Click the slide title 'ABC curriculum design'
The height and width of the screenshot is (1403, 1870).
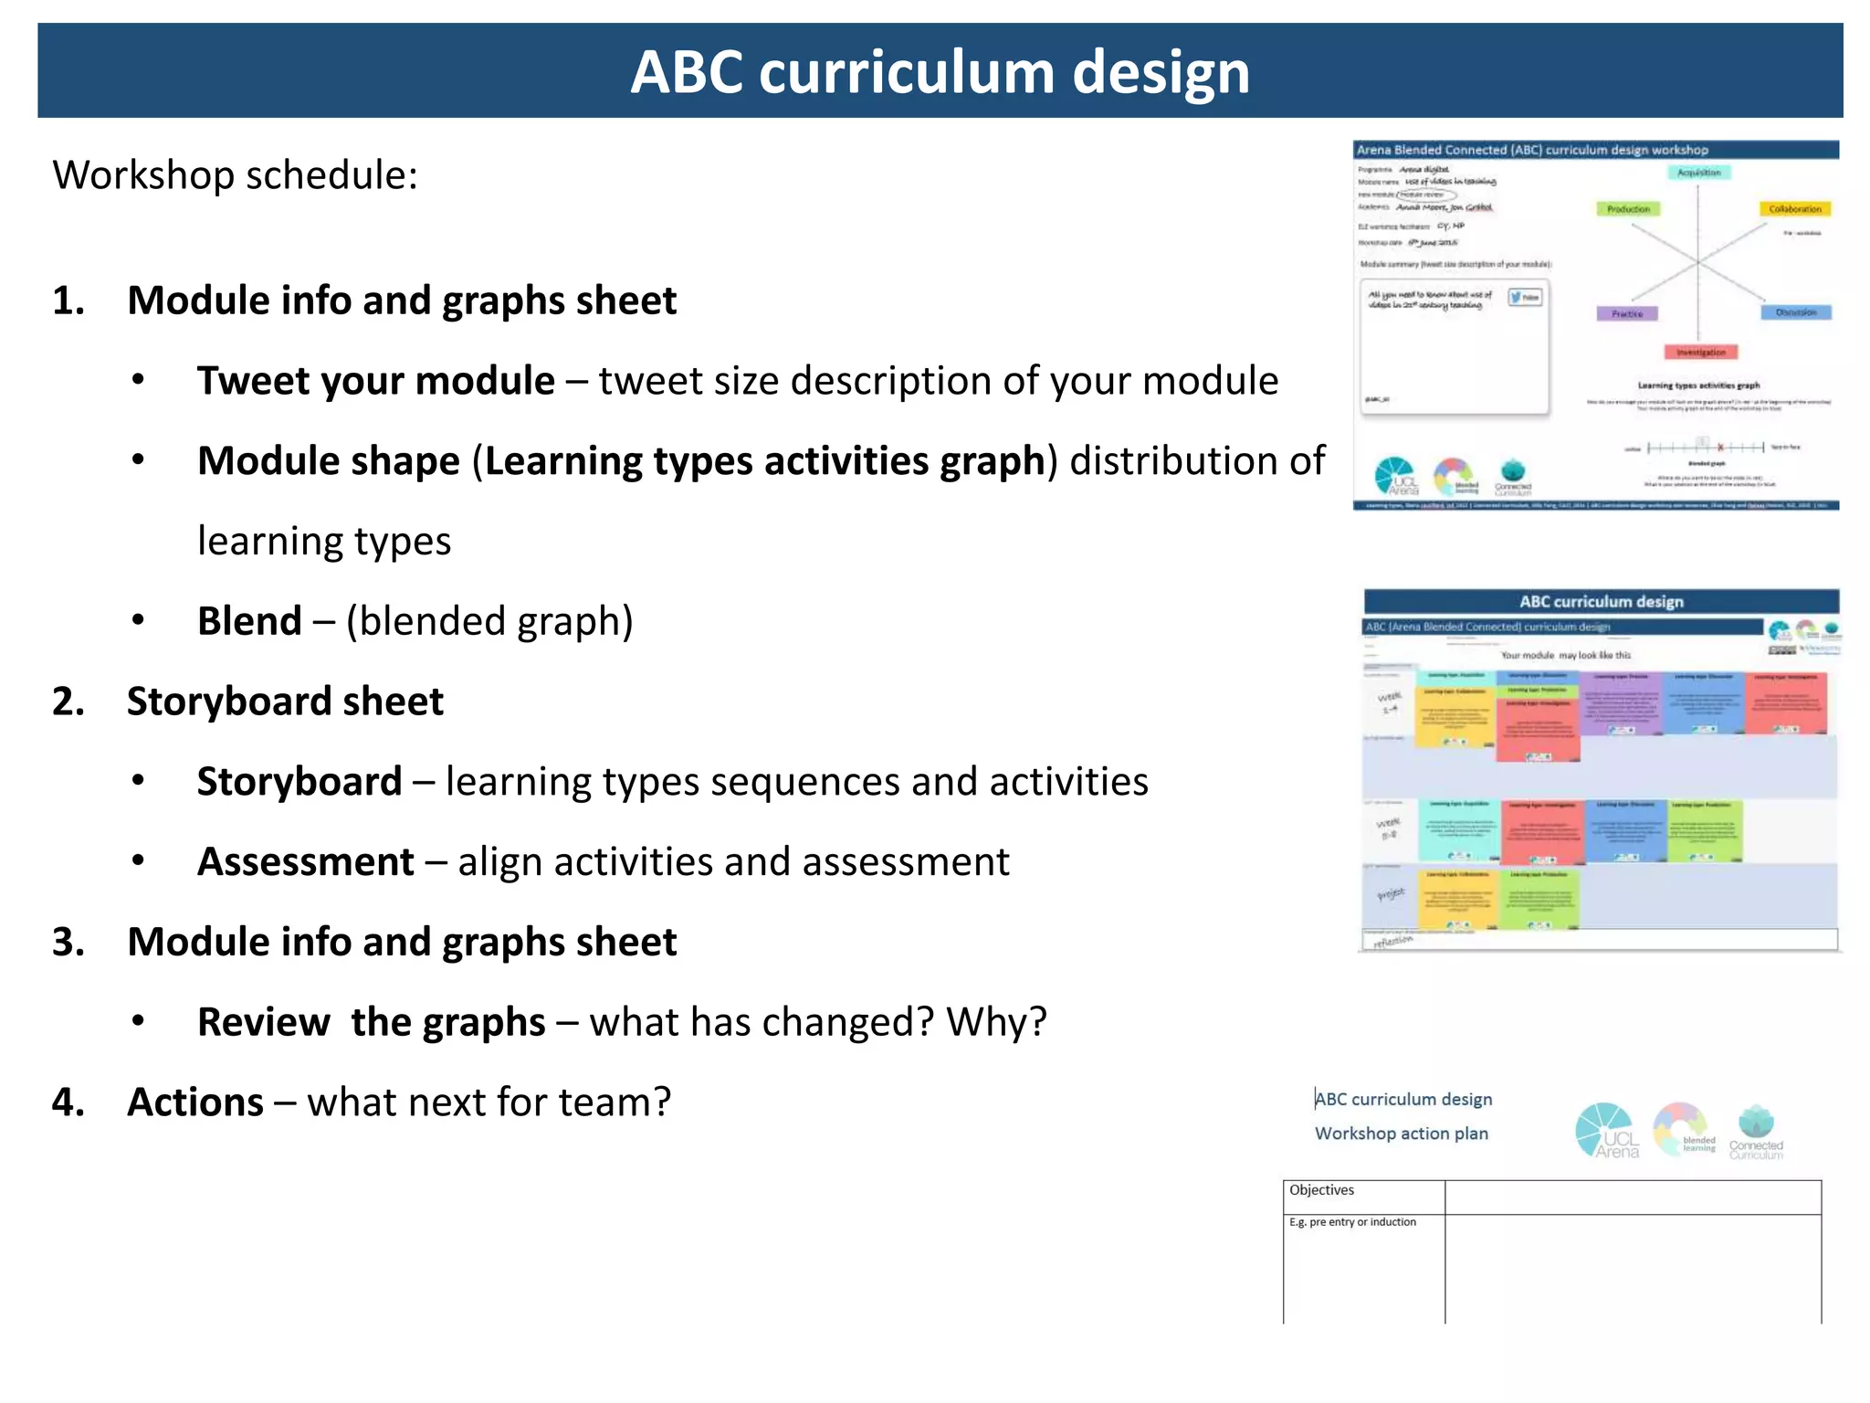pyautogui.click(x=940, y=72)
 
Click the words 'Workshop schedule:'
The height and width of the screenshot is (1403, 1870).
pyautogui.click(x=235, y=175)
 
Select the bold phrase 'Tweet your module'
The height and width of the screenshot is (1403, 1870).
pyautogui.click(x=375, y=381)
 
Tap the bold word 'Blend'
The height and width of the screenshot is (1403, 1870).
pyautogui.click(x=249, y=621)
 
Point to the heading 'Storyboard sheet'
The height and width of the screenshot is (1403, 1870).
pyautogui.click(x=285, y=701)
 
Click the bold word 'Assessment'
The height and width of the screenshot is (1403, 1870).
pyautogui.click(x=306, y=862)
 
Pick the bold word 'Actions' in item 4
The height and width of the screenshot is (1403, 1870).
pyautogui.click(x=195, y=1102)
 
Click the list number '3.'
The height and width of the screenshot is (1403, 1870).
pyautogui.click(x=68, y=942)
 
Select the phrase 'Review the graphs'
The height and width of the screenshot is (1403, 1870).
pyautogui.click(x=371, y=1022)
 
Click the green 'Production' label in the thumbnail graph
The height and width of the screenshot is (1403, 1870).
pyautogui.click(x=1628, y=209)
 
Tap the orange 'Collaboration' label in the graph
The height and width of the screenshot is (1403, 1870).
pyautogui.click(x=1794, y=209)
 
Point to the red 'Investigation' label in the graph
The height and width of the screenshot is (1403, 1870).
pyautogui.click(x=1701, y=353)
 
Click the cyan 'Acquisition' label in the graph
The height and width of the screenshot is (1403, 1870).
pyautogui.click(x=1698, y=173)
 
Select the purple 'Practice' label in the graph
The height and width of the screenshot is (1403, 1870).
pyautogui.click(x=1627, y=314)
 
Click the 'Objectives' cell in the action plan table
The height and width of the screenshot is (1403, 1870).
pyautogui.click(x=1321, y=1190)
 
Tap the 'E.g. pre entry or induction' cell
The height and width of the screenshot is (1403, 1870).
pyautogui.click(x=1352, y=1222)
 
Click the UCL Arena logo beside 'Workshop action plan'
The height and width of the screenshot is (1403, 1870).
pyautogui.click(x=1606, y=1131)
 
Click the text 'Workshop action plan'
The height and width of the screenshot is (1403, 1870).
pyautogui.click(x=1401, y=1134)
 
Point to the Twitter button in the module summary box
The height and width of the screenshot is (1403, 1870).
pyautogui.click(x=1525, y=297)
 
